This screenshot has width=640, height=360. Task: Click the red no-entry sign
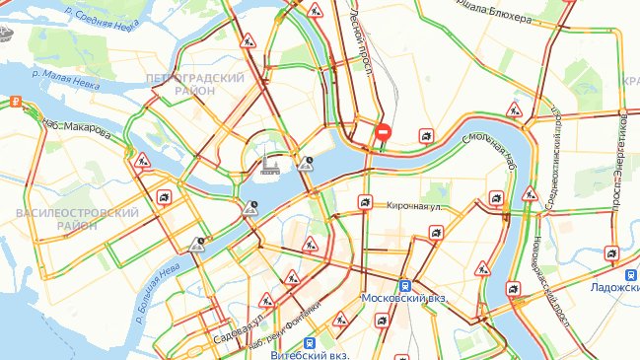(x=384, y=132)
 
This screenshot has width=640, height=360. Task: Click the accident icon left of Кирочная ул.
(x=365, y=205)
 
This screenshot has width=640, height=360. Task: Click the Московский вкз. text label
(x=404, y=298)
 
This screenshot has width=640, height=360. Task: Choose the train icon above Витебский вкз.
(x=309, y=342)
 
